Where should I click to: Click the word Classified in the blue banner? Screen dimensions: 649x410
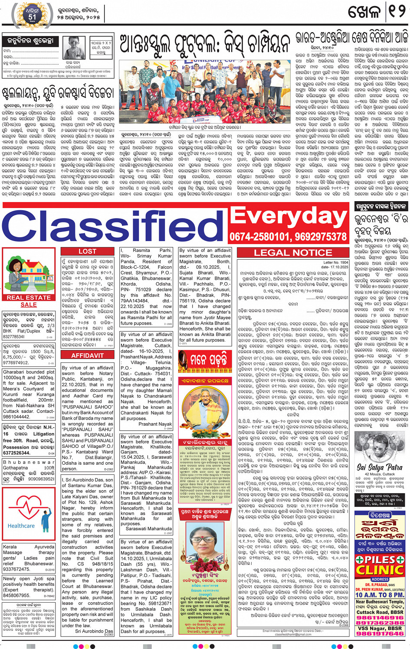[115, 225]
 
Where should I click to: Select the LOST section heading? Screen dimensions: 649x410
[87, 251]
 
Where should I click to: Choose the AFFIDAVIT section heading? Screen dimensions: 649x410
[87, 355]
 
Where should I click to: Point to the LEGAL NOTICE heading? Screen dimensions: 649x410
[293, 253]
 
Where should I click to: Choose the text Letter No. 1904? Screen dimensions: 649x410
[336, 262]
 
